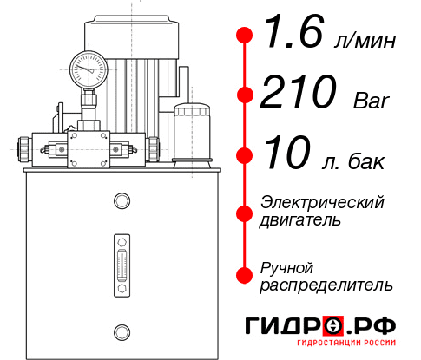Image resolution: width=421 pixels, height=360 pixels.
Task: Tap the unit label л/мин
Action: [x=365, y=40]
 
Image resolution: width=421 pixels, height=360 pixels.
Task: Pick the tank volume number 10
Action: [x=286, y=155]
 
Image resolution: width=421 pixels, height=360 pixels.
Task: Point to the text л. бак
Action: [x=359, y=160]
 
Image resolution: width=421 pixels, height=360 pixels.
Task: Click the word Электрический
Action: [x=322, y=202]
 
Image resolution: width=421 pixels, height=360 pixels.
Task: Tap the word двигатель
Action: [x=300, y=219]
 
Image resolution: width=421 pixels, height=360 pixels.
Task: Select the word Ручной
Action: [x=286, y=267]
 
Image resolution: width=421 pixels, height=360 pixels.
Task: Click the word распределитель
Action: [x=326, y=285]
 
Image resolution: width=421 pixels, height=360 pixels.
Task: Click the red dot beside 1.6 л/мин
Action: [x=245, y=36]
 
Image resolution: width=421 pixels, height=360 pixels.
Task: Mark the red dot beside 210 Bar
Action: [x=245, y=95]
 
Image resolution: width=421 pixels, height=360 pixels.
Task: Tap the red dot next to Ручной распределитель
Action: [x=245, y=275]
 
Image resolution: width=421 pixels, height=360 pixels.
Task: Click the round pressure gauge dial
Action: [x=89, y=67]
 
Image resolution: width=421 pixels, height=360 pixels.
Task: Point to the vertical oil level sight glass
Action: [x=121, y=260]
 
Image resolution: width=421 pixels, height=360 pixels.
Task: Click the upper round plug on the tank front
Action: [x=121, y=201]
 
